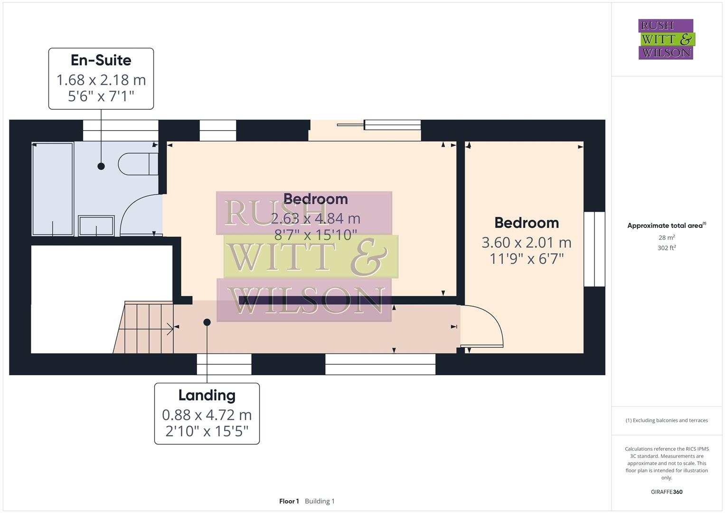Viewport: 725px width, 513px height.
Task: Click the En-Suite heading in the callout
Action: [101, 60]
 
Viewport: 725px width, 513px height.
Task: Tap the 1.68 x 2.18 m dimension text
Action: [101, 80]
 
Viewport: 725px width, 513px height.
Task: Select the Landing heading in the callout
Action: [207, 395]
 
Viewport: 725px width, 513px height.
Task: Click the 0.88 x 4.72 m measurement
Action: [207, 415]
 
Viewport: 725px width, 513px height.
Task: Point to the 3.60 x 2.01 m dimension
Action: [526, 243]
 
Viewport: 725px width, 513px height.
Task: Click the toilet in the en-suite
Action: [138, 164]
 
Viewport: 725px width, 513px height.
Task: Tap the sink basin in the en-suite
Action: [96, 226]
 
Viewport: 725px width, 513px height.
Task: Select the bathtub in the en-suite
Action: [52, 189]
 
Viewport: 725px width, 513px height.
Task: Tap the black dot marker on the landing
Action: [207, 322]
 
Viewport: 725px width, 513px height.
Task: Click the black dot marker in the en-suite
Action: [101, 166]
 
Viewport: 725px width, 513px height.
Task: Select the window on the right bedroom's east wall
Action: [594, 249]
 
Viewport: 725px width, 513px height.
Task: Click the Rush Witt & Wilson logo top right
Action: [666, 39]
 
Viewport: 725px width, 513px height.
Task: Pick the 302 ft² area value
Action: [666, 248]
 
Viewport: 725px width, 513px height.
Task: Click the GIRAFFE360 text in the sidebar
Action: [666, 492]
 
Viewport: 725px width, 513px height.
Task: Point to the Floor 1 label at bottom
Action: [289, 501]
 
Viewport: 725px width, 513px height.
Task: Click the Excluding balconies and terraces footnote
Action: [666, 420]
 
